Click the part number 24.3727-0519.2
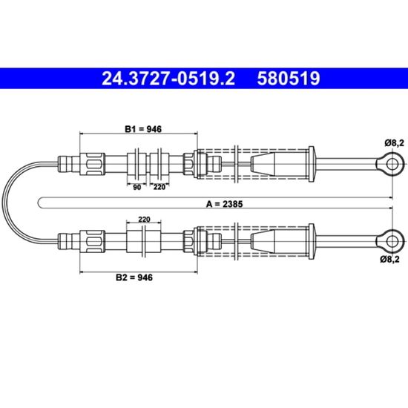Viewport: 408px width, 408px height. click(x=168, y=79)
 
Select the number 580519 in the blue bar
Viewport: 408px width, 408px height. click(x=289, y=79)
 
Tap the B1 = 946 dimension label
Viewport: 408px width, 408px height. click(x=143, y=129)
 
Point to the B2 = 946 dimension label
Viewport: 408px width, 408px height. click(x=134, y=277)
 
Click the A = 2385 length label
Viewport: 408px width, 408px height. click(x=224, y=204)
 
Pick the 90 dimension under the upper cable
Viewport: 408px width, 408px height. click(x=137, y=188)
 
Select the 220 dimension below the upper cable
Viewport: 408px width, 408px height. click(x=159, y=187)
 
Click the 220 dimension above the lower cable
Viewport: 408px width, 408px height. click(x=144, y=220)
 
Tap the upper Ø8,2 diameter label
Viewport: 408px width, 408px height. click(x=395, y=143)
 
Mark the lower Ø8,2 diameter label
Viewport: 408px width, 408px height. click(x=389, y=259)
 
